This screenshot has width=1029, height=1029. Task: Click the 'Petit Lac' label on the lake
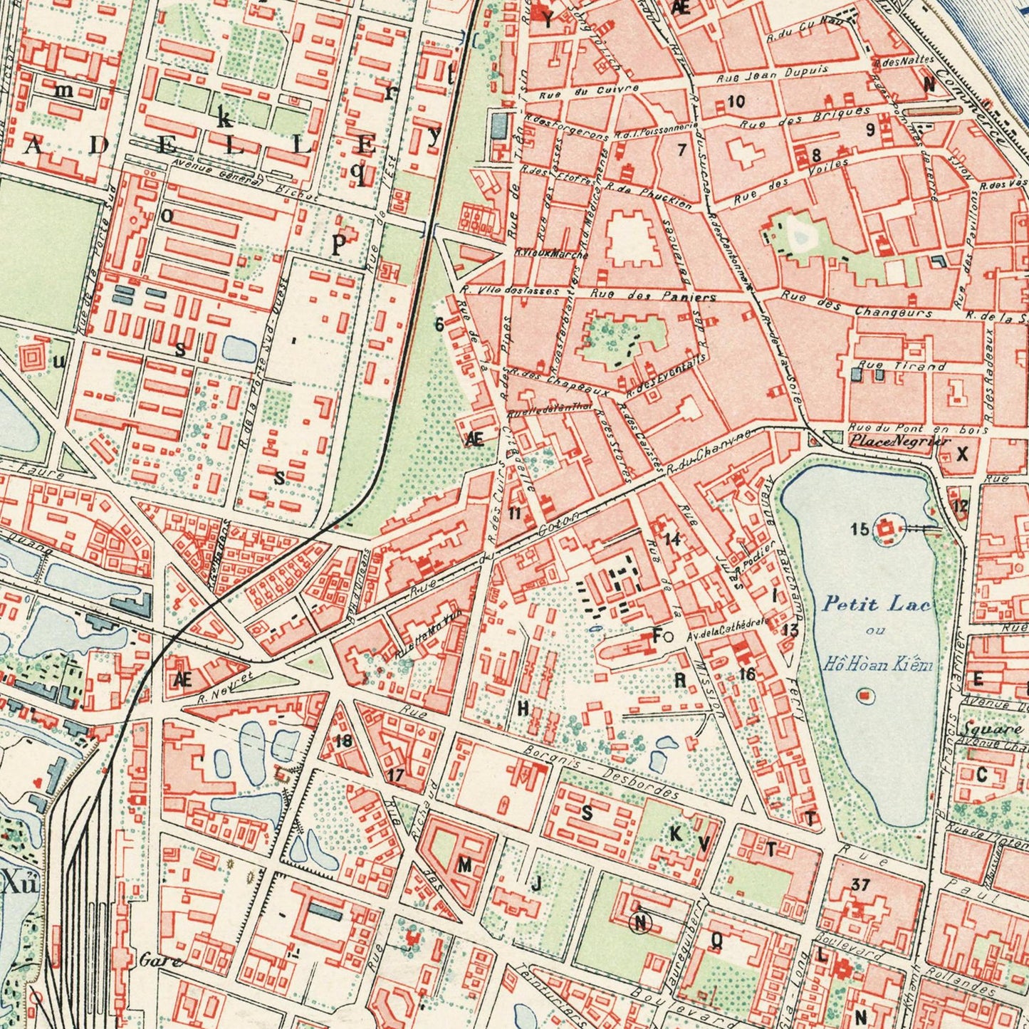(876, 605)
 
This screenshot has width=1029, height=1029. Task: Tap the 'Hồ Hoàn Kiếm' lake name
(877, 665)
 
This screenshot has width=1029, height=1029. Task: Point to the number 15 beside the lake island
(860, 528)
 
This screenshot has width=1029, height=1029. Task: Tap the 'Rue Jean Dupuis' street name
(772, 73)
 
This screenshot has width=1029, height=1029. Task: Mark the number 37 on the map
(860, 885)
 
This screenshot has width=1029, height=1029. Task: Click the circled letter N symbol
(640, 923)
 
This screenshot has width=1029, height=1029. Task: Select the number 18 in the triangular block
(343, 741)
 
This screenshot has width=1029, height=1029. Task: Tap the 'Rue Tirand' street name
(902, 366)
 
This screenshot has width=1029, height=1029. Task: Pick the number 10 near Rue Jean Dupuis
(736, 101)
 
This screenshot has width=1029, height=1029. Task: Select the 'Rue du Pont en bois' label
(919, 429)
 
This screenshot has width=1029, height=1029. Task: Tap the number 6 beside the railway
(439, 324)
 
